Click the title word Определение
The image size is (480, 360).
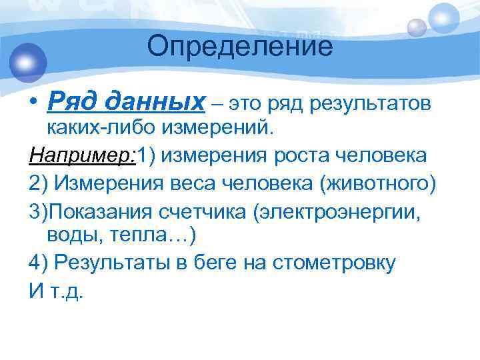pyautogui.click(x=240, y=47)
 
